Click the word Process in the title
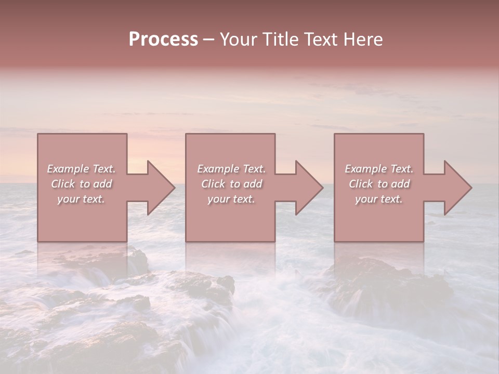163,39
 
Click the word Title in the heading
280,39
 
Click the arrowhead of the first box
159,188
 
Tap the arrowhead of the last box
455,188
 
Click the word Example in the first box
68,169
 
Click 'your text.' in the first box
81,199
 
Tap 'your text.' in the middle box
231,199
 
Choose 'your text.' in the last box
379,199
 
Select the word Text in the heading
318,39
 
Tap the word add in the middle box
252,184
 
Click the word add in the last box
400,184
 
